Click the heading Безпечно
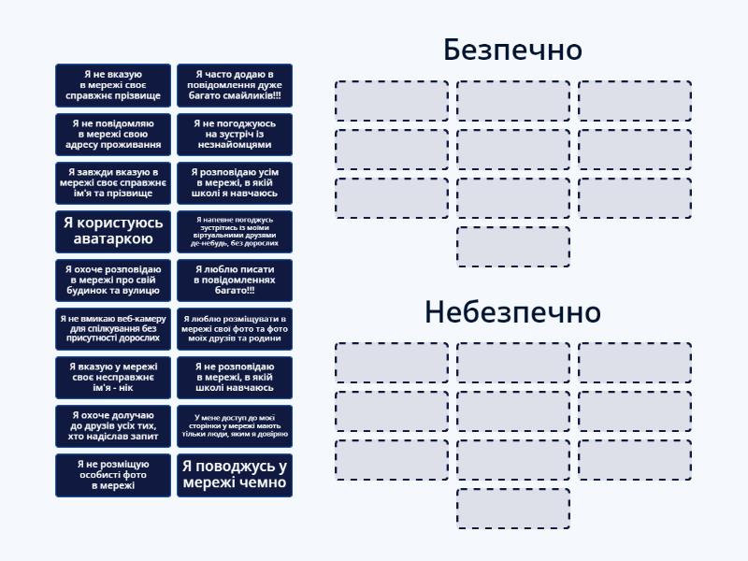[x=512, y=50]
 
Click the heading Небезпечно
[x=512, y=311]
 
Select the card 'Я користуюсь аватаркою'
[x=113, y=231]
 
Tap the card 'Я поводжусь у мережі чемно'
[x=235, y=474]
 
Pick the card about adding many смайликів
[x=235, y=85]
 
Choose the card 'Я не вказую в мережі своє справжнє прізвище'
[x=113, y=85]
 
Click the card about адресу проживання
[x=113, y=134]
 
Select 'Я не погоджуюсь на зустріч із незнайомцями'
[x=235, y=134]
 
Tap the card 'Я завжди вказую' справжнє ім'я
[x=113, y=182]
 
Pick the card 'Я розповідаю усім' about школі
[x=235, y=182]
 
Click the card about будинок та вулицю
[x=113, y=280]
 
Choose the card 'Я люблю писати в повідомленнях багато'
[x=235, y=280]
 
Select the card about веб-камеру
[x=113, y=328]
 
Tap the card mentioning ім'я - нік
[x=113, y=377]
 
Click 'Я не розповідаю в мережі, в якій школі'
[x=235, y=377]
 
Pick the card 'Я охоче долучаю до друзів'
[x=113, y=425]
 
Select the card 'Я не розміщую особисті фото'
[x=113, y=474]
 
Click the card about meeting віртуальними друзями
[x=235, y=231]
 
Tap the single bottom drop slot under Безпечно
[x=513, y=247]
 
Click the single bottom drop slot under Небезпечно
[x=513, y=509]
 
